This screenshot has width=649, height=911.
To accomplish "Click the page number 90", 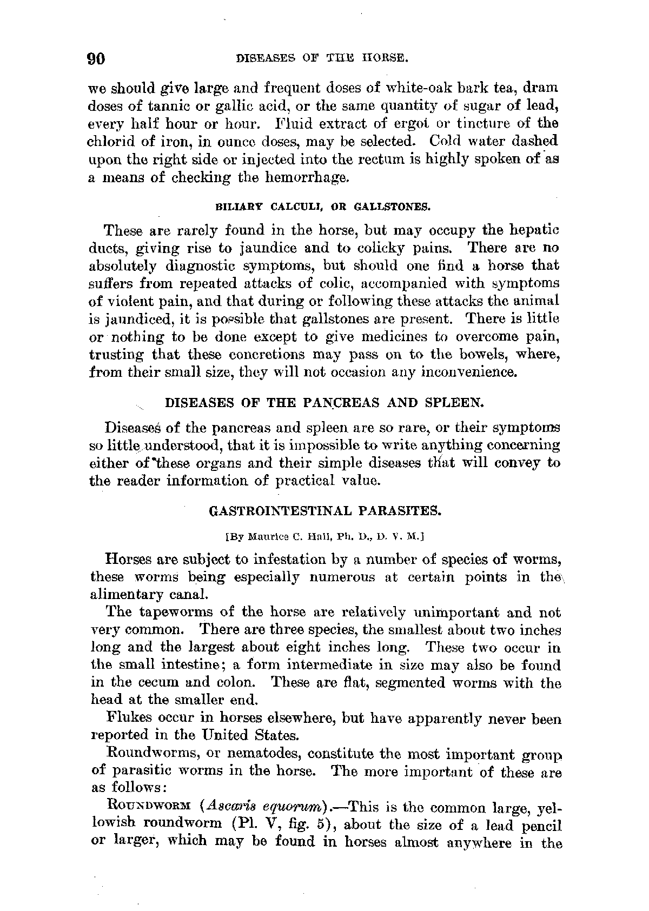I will pyautogui.click(x=98, y=58).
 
